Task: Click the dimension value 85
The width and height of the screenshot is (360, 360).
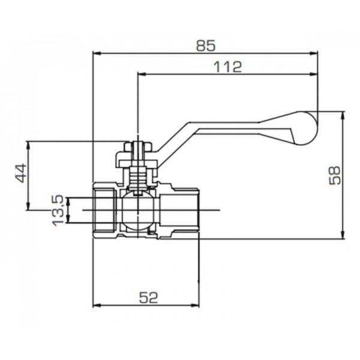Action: (205, 45)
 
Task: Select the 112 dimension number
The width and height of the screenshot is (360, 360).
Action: (228, 67)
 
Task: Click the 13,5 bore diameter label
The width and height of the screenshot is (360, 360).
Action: (58, 210)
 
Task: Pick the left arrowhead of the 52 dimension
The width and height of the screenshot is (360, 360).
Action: (96, 304)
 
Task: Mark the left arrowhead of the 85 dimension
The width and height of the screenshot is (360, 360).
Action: (96, 52)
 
